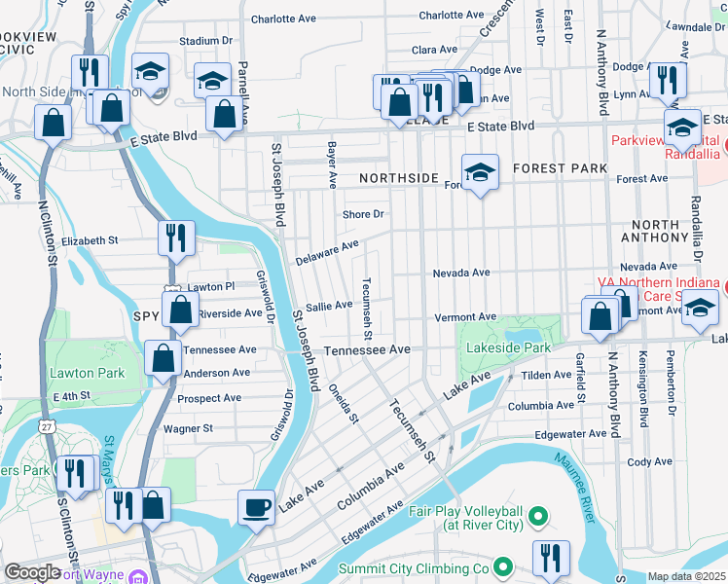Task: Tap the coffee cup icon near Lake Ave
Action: point(257,506)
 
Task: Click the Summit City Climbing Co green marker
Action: point(502,566)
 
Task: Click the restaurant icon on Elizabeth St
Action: point(176,237)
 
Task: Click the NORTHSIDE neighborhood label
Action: point(398,179)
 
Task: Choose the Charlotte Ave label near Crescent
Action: point(451,16)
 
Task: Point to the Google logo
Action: point(32,572)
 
